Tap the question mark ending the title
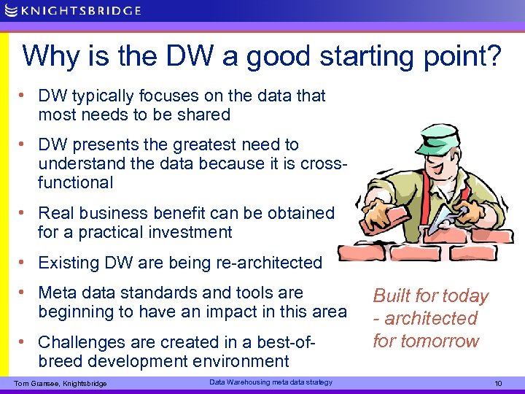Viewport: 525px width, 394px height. point(493,56)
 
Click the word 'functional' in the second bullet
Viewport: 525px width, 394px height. point(76,182)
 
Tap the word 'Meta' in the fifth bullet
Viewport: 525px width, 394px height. point(57,293)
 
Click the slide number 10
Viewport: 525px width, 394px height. point(499,383)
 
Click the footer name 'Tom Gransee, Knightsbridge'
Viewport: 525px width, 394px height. point(61,384)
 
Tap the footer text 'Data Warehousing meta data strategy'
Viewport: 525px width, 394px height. point(271,382)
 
